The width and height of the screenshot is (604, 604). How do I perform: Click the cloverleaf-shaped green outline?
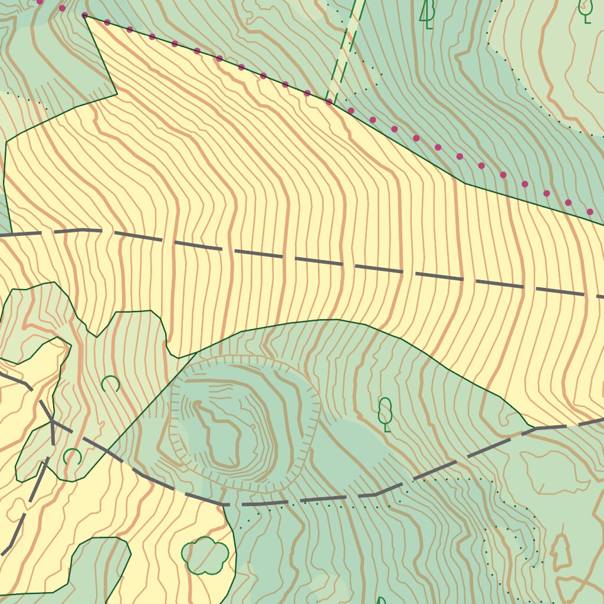(x=205, y=556)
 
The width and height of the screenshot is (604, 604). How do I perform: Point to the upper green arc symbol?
(x=110, y=385)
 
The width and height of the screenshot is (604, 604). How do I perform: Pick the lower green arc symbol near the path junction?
(x=72, y=456)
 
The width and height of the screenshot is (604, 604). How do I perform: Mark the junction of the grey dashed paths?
(x=52, y=422)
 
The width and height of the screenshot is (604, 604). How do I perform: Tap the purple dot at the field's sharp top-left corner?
(x=84, y=15)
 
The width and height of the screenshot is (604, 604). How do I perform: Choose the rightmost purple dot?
(x=590, y=212)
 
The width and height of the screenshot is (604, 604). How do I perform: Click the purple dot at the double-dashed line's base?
(x=329, y=101)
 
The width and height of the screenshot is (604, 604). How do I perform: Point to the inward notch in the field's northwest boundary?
(x=117, y=94)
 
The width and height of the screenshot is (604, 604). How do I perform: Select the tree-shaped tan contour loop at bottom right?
(x=561, y=552)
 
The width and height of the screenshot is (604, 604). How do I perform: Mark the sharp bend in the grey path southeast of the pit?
(x=376, y=494)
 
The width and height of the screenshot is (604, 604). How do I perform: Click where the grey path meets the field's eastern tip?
(x=534, y=428)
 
